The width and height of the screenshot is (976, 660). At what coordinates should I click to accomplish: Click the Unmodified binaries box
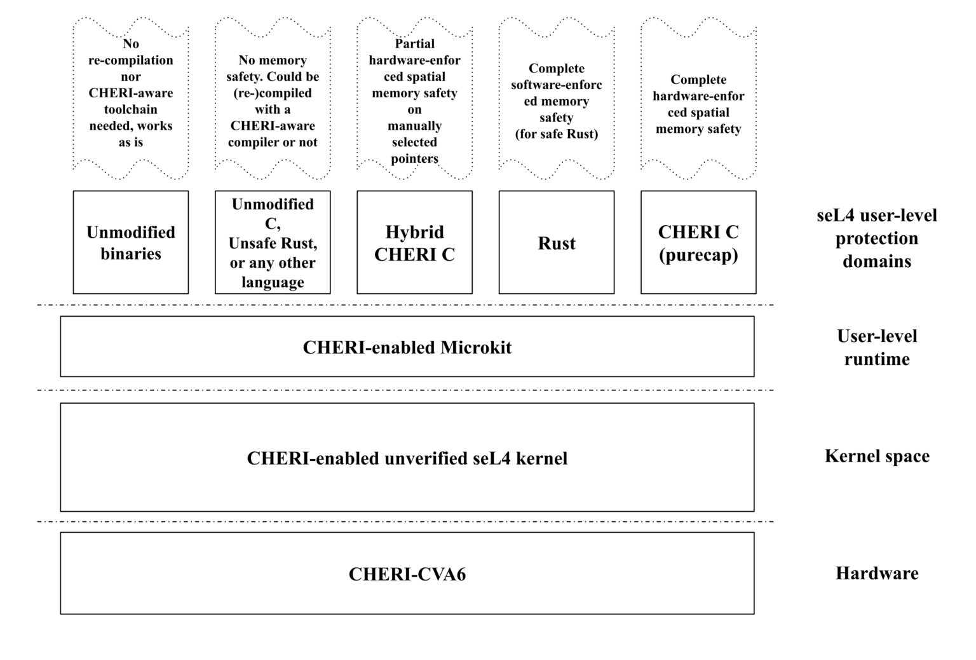[x=131, y=242]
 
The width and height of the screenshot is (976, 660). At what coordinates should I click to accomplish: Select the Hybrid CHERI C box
[x=414, y=242]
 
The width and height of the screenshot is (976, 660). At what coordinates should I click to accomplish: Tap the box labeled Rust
[x=557, y=243]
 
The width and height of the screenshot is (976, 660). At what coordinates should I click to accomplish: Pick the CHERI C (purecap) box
[x=698, y=242]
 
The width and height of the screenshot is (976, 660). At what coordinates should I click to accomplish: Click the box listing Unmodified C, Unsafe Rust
[x=273, y=242]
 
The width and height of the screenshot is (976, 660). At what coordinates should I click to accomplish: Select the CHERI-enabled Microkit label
[x=407, y=347]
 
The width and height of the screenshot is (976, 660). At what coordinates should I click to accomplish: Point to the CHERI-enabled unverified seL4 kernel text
[x=407, y=458]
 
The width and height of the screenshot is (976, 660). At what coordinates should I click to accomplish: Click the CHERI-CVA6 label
[x=407, y=574]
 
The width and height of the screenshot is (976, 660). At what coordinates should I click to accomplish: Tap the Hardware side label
[x=877, y=574]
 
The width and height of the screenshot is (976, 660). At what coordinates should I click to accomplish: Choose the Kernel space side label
[x=877, y=456]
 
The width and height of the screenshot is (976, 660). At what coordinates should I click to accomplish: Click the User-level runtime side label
[x=877, y=347]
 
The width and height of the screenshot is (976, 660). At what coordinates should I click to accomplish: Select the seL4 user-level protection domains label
[x=877, y=238]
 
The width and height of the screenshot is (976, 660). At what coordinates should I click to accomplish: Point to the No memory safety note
[x=273, y=101]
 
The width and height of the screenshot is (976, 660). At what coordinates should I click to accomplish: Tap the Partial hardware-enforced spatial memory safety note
[x=414, y=101]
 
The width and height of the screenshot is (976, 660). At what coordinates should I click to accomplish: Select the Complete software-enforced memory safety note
[x=557, y=101]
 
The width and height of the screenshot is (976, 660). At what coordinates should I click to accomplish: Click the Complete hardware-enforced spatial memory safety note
[x=698, y=104]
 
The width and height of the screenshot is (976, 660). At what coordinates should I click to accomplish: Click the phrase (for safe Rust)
[x=557, y=134]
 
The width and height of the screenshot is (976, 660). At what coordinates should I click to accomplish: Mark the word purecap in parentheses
[x=698, y=255]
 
